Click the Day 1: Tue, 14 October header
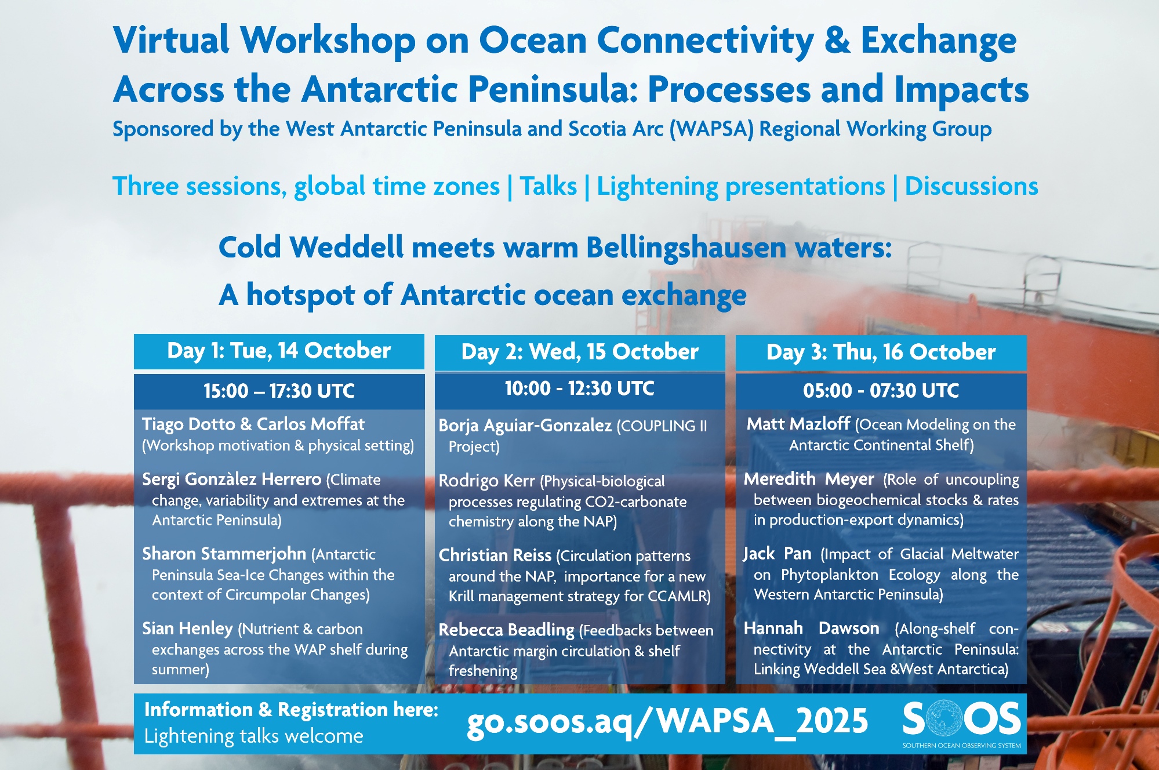[279, 351]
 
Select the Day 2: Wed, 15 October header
[580, 352]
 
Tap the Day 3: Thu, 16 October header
[881, 352]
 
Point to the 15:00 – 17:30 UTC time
[279, 391]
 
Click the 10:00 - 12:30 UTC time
[580, 388]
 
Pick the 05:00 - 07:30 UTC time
[881, 391]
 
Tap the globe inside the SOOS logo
[944, 718]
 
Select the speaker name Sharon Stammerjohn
[224, 554]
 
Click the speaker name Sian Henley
[187, 629]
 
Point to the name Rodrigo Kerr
[486, 481]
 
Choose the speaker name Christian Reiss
[495, 555]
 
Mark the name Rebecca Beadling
[506, 630]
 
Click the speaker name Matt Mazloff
[798, 424]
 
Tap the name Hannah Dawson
[811, 629]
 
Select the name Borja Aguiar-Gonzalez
[525, 426]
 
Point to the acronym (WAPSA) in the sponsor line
[712, 129]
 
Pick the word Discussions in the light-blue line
[971, 186]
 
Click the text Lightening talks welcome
[254, 736]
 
